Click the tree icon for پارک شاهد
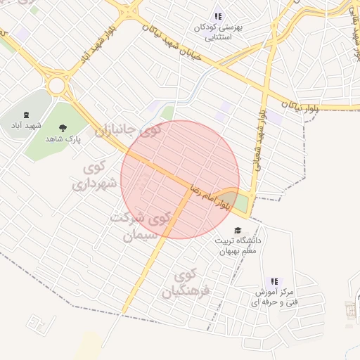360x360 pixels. pyautogui.click(x=63, y=127)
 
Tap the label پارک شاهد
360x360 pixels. pyautogui.click(x=63, y=139)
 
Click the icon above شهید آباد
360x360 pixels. pyautogui.click(x=26, y=115)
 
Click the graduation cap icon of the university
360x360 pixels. pyautogui.click(x=238, y=230)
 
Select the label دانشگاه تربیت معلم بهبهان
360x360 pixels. pyautogui.click(x=239, y=245)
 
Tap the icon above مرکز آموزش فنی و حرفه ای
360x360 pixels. pyautogui.click(x=274, y=281)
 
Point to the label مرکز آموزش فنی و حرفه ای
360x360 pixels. pyautogui.click(x=274, y=296)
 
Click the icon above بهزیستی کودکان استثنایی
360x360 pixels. pyautogui.click(x=218, y=15)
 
